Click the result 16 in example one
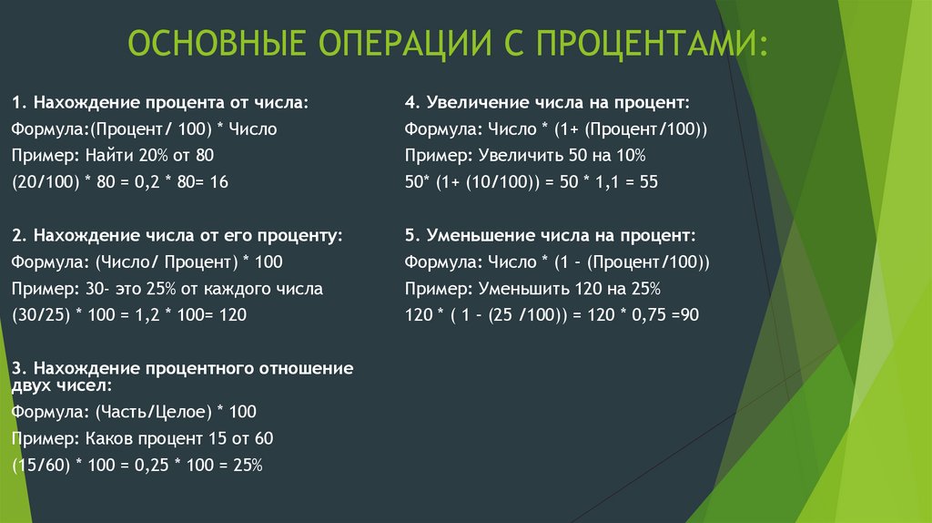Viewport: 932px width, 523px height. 218,182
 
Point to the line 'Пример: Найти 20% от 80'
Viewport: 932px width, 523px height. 113,156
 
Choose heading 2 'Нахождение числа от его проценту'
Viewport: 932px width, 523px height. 177,235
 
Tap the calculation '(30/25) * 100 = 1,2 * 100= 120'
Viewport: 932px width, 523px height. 130,314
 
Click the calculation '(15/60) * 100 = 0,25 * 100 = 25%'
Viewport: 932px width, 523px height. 137,465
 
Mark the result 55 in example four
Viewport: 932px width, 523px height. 648,182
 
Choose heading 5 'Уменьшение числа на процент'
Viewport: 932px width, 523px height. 552,235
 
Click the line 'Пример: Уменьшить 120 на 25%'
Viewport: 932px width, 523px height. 532,288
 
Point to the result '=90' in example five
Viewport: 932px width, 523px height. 684,314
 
